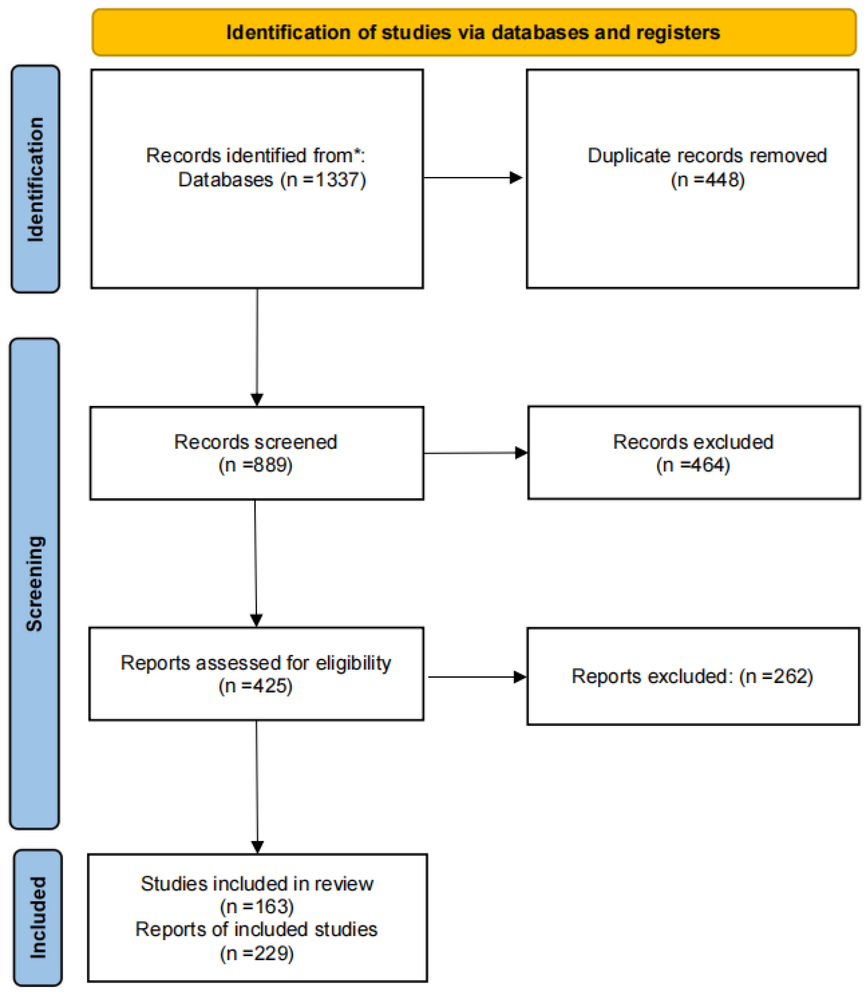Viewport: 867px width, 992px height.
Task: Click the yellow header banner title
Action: tap(473, 33)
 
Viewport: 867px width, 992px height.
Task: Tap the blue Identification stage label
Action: tap(35, 180)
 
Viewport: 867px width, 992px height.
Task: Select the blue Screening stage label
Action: tap(34, 583)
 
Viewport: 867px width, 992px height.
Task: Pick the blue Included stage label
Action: tap(38, 918)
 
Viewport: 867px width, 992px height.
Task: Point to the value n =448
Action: tap(708, 180)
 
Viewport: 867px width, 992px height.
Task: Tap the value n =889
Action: tap(256, 465)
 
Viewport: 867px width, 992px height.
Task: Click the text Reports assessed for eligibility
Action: tap(256, 663)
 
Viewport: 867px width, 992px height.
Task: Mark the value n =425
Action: tap(256, 686)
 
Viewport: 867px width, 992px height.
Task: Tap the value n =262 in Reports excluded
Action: tap(777, 676)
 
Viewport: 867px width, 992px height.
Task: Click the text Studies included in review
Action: tap(257, 884)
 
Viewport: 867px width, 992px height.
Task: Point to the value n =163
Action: tap(257, 906)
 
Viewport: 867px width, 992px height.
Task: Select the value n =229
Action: tap(257, 953)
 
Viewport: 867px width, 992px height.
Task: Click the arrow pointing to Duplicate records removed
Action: tap(473, 178)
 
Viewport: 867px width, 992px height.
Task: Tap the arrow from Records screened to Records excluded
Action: tap(475, 453)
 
